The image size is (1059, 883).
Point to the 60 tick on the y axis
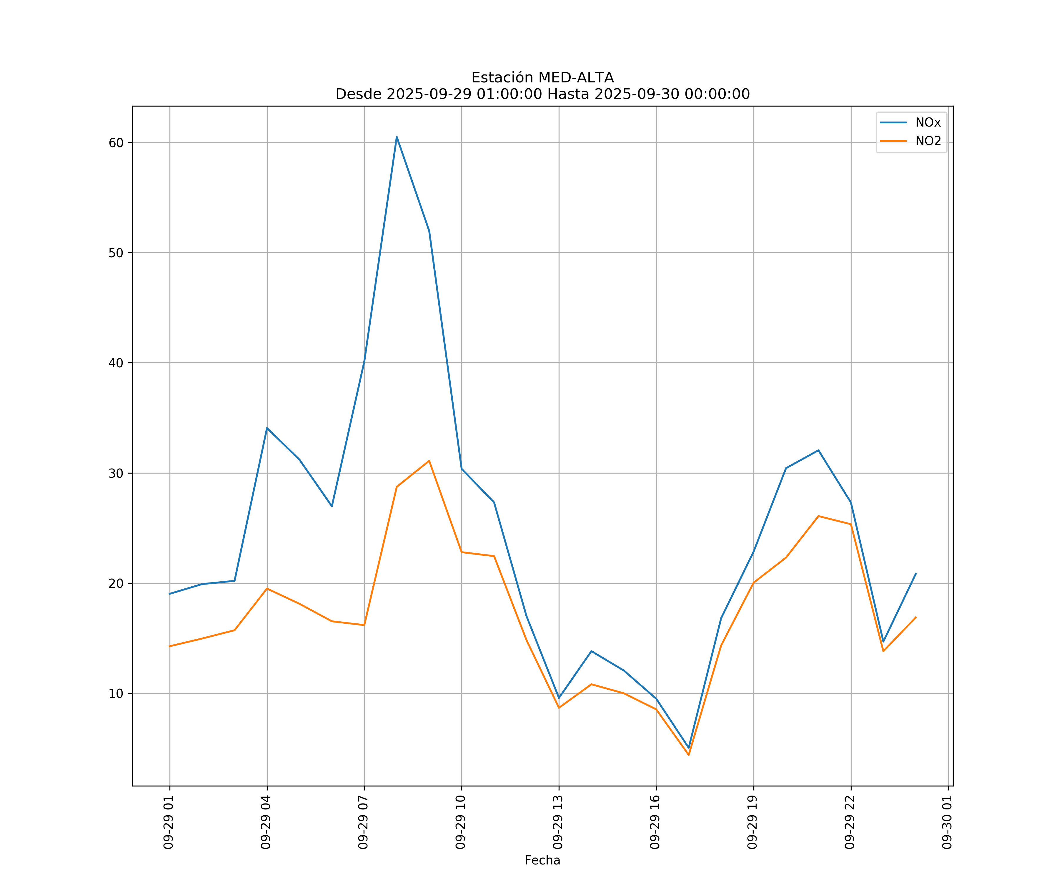pos(116,143)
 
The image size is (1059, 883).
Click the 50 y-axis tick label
pos(116,253)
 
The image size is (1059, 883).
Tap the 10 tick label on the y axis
pos(116,693)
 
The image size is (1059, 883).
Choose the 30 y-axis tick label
pos(116,473)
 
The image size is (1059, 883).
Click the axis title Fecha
pos(542,860)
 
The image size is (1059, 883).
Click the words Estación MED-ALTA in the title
pos(542,78)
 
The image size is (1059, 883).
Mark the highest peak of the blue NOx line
pos(397,137)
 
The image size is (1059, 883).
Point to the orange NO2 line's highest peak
pos(429,461)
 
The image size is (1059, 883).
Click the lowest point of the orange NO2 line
pos(689,755)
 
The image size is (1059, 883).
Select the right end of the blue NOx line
pos(916,574)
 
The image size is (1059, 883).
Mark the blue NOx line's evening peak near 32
pos(818,450)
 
